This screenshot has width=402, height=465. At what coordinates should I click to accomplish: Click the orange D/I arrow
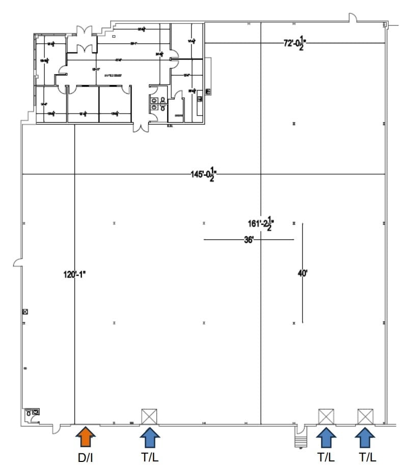pos(85,437)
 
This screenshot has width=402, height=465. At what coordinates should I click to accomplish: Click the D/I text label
pos(85,457)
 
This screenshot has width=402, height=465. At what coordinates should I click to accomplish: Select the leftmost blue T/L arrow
pos(150,437)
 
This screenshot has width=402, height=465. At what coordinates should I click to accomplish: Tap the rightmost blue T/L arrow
pos(365,437)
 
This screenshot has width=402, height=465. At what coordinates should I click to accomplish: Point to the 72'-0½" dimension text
pos(295,43)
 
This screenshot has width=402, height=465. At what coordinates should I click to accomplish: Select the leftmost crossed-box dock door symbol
pos(149,416)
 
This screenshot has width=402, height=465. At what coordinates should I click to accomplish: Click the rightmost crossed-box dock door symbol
pos(365,416)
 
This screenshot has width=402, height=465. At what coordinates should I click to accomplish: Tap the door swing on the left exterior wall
pos(18,262)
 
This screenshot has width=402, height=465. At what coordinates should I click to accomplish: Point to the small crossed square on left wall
pos(24,311)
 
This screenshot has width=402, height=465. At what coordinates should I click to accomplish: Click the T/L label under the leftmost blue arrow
pos(150,457)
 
